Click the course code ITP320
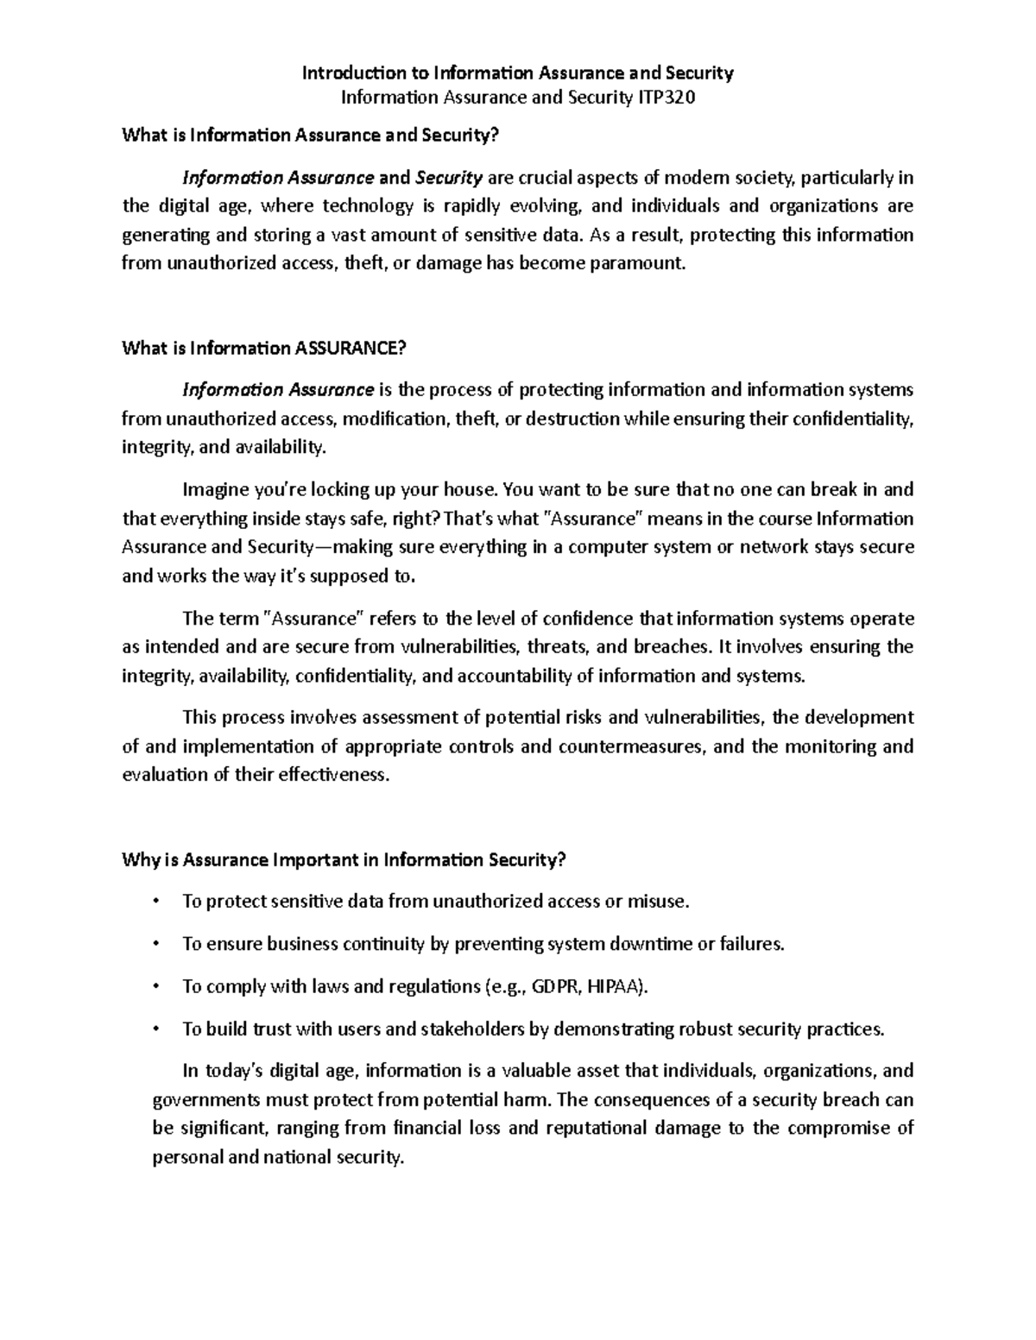coord(666,98)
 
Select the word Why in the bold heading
coord(138,859)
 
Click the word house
coord(471,490)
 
